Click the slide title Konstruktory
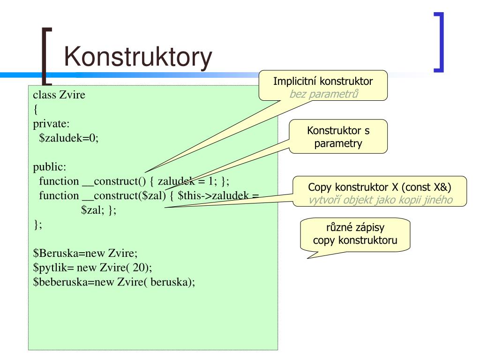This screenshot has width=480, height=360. (x=138, y=58)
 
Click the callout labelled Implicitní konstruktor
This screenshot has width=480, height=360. (x=323, y=82)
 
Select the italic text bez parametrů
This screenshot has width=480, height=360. (x=323, y=94)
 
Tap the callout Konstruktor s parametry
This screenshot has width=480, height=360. (x=338, y=137)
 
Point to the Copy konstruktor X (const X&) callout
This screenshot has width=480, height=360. (x=380, y=187)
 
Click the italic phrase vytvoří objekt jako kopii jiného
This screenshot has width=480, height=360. (x=380, y=200)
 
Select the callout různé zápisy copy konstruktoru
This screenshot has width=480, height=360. (x=355, y=235)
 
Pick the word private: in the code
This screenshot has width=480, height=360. (x=51, y=124)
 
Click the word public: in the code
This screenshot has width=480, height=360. (x=50, y=167)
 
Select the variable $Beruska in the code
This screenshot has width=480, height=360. (x=52, y=254)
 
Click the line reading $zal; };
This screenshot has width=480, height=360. (x=98, y=210)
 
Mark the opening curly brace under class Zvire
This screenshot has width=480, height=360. (x=35, y=110)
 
